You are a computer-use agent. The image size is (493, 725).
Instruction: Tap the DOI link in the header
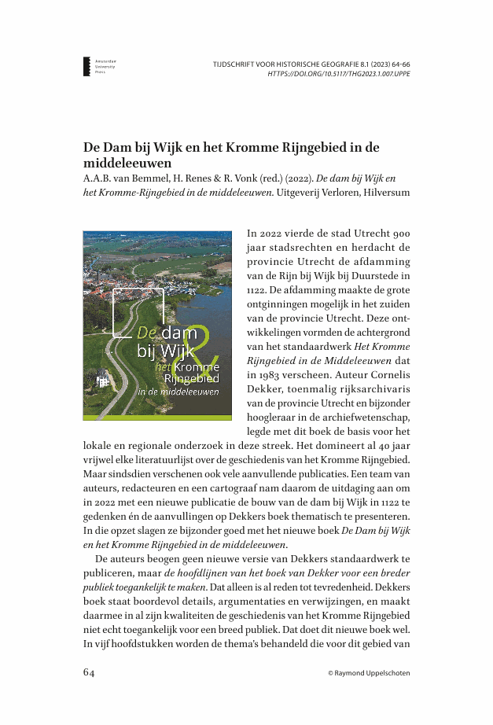338,74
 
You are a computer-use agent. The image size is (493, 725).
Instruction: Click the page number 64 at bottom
90,673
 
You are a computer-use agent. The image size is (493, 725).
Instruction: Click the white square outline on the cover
138,315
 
